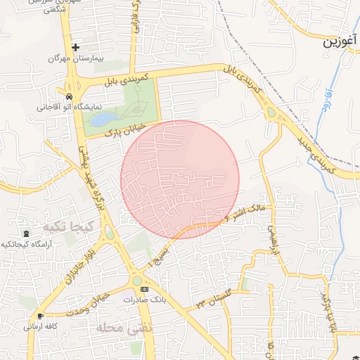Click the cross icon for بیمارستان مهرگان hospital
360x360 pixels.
point(76,47)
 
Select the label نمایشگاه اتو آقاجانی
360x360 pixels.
point(63,108)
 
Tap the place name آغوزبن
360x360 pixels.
point(340,42)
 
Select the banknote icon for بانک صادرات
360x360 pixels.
point(145,289)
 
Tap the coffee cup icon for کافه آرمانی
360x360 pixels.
point(39,316)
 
